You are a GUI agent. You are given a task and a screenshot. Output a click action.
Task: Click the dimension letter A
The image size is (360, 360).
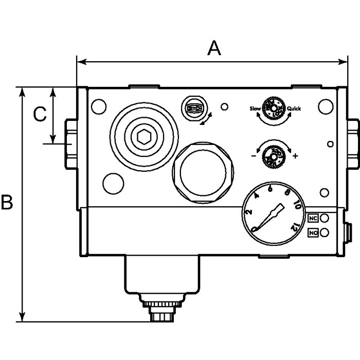213,48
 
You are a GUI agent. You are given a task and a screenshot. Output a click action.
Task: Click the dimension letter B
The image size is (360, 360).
7,202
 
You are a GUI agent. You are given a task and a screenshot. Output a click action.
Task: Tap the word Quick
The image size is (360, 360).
294,109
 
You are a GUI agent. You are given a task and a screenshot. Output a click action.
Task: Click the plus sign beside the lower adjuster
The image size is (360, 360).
295,155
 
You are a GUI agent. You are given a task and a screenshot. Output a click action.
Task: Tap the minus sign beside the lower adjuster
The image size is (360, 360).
254,155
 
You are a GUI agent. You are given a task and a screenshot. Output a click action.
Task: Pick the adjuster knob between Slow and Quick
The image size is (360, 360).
273,108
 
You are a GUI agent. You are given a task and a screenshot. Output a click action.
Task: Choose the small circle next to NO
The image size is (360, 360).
325,233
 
